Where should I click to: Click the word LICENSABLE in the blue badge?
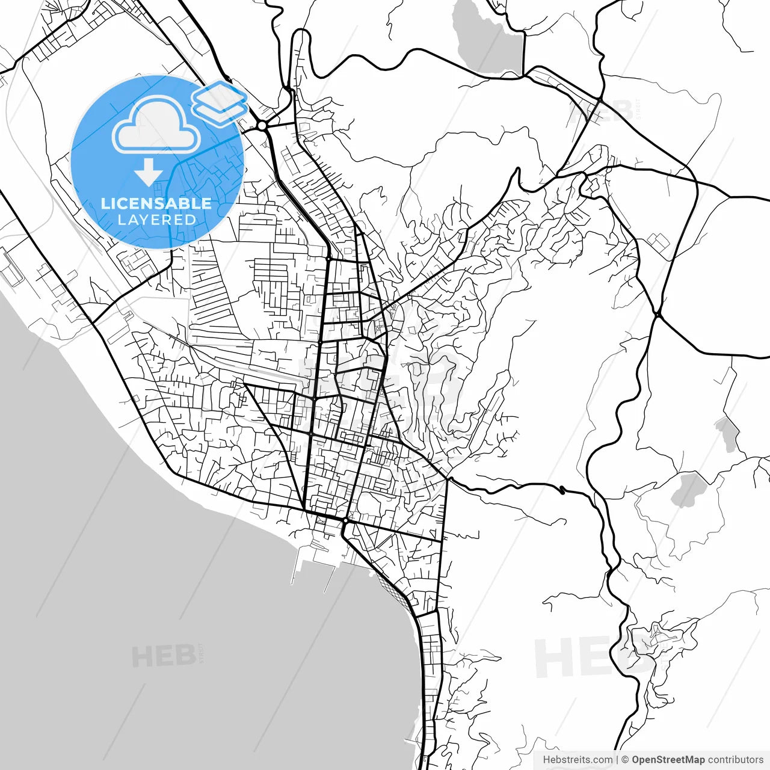(156, 203)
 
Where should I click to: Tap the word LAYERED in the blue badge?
(156, 220)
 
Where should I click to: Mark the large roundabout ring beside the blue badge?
(262, 125)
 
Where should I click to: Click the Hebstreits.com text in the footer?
(577, 760)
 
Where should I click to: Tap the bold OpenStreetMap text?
(668, 760)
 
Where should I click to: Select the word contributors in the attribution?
(735, 760)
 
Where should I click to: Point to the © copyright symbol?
(625, 760)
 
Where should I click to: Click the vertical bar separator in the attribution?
(617, 760)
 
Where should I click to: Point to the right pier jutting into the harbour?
(330, 574)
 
